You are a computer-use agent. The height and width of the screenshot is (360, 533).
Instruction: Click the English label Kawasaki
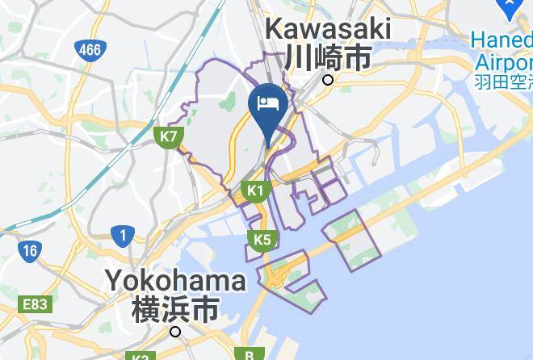[x=328, y=30]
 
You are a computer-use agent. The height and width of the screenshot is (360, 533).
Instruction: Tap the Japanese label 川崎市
[x=328, y=57]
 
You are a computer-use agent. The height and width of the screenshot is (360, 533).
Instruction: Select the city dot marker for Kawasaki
[x=328, y=80]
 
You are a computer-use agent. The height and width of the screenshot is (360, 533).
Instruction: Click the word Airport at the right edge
[x=503, y=62]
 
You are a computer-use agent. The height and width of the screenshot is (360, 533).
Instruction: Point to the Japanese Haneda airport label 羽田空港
[x=502, y=82]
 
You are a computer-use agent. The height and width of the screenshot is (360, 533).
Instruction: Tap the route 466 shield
[x=90, y=50]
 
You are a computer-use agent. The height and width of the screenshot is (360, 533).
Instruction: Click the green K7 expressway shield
[x=168, y=136]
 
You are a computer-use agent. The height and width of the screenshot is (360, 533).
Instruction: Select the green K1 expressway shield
[x=255, y=191]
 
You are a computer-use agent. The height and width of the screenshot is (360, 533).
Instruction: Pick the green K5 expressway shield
[x=262, y=240]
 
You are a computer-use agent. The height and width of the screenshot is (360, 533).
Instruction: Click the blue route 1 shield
[x=123, y=236]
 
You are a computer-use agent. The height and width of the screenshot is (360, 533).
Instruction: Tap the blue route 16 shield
[x=30, y=250]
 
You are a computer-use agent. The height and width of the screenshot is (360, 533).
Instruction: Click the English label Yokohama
[x=175, y=282]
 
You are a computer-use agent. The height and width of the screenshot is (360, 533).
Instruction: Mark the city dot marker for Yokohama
[x=175, y=331]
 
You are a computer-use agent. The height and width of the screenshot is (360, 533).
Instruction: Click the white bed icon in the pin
[x=267, y=103]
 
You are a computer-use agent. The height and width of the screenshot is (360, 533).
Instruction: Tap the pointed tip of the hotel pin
[x=267, y=147]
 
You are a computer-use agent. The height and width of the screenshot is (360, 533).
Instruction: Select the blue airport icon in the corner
[x=510, y=8]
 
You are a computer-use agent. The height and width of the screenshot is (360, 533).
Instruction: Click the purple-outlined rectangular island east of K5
[x=352, y=239]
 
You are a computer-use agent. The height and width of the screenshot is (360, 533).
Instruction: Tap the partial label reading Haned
[x=502, y=40]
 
